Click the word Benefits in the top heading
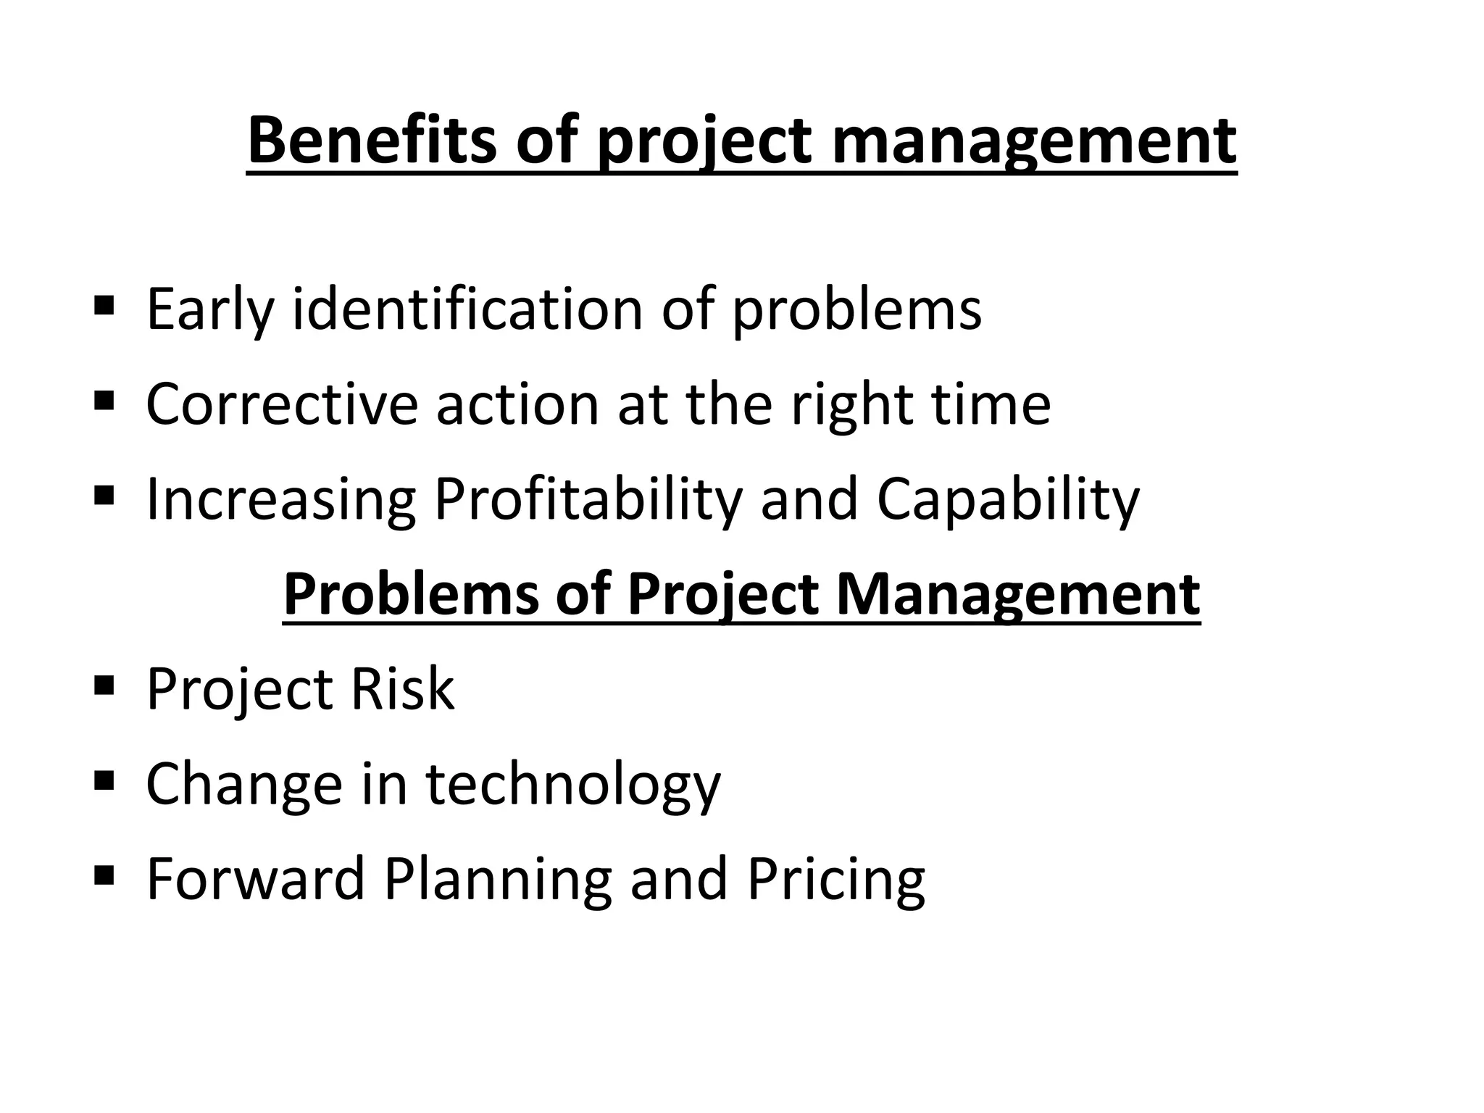pyautogui.click(x=372, y=141)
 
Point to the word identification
pyautogui.click(x=467, y=309)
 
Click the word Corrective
pyautogui.click(x=282, y=404)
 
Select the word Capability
pyautogui.click(x=1008, y=499)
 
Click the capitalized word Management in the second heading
pyautogui.click(x=1018, y=594)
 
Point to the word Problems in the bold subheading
pyautogui.click(x=411, y=594)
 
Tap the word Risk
pyautogui.click(x=402, y=688)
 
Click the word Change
pyautogui.click(x=244, y=783)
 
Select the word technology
pyautogui.click(x=572, y=783)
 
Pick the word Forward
pyautogui.click(x=255, y=878)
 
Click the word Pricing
pyautogui.click(x=835, y=878)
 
